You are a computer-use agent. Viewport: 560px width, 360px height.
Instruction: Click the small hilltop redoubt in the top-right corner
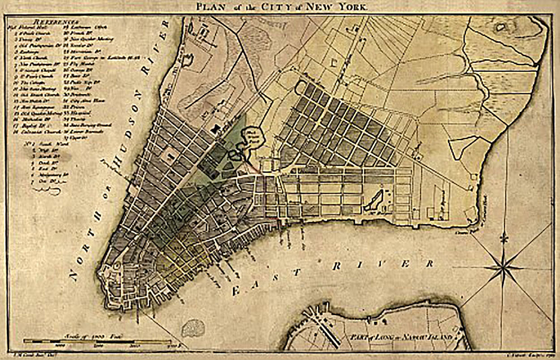click(x=500, y=27)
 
